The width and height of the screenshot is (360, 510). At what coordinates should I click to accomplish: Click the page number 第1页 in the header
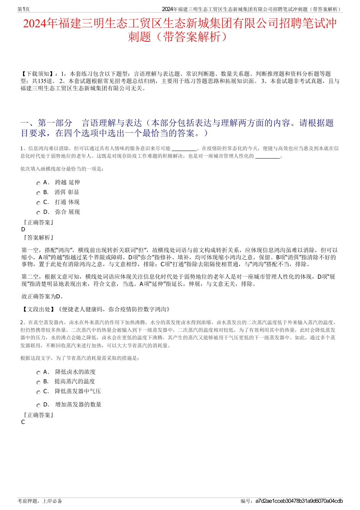[x=23, y=9]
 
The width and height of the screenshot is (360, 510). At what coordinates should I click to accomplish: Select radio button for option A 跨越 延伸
[x=38, y=183]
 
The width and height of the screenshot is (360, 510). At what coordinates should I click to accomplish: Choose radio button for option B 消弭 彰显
[x=38, y=193]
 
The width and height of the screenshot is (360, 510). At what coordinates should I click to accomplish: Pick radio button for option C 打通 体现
[x=38, y=203]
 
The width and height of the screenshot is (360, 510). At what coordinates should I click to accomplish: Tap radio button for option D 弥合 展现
[x=38, y=213]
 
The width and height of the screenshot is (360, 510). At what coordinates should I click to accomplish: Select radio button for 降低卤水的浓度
[x=38, y=373]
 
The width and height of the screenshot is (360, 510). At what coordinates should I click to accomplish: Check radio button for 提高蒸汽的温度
[x=38, y=382]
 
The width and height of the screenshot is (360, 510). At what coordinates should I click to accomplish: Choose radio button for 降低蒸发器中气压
[x=38, y=392]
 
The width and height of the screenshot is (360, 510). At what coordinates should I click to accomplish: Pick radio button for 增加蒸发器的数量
[x=38, y=405]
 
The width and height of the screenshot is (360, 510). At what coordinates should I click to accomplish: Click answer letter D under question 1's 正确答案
[x=23, y=229]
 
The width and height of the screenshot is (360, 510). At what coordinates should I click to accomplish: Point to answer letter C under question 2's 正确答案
[x=23, y=422]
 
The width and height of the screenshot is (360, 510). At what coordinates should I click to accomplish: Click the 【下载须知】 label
[x=37, y=74]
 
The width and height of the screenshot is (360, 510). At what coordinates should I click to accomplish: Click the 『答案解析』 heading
[x=38, y=238]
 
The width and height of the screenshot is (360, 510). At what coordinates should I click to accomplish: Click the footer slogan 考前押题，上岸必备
[x=40, y=501]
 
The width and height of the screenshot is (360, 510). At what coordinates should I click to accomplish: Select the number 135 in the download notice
[x=42, y=81]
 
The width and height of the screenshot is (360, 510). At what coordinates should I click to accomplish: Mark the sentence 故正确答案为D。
[x=43, y=297]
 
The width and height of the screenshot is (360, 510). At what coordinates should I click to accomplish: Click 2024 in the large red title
[x=35, y=24]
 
